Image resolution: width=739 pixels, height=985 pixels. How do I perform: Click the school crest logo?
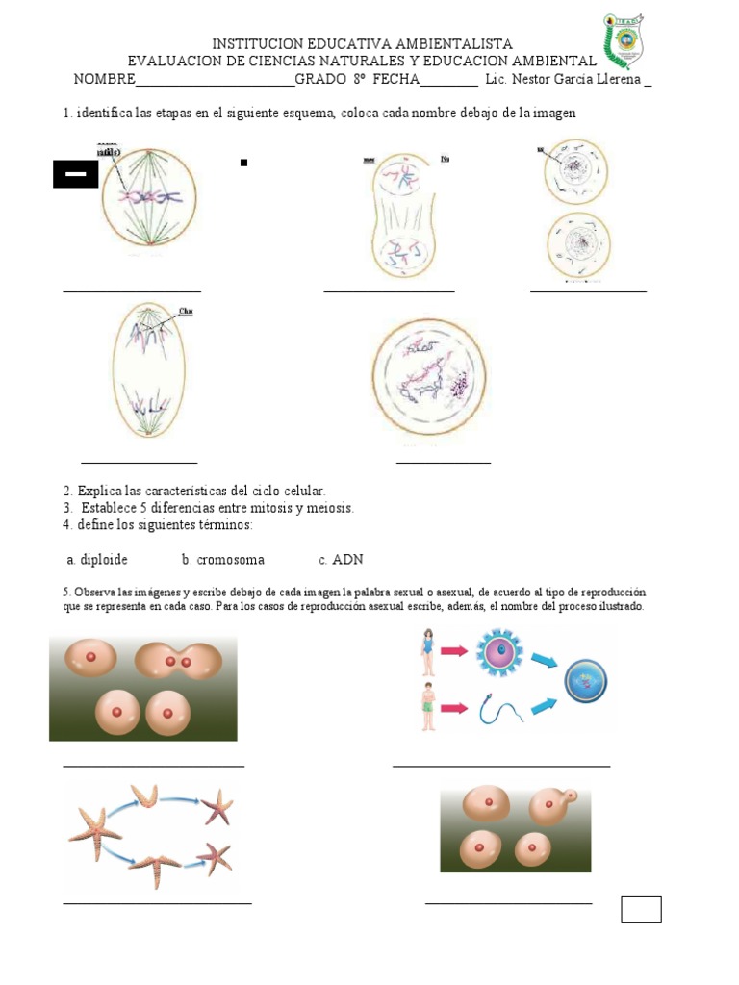(624, 42)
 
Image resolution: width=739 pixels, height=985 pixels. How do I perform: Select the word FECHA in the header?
(396, 79)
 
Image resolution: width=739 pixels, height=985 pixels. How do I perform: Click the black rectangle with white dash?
(75, 174)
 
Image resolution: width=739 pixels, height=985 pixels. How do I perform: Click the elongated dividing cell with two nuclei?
(402, 216)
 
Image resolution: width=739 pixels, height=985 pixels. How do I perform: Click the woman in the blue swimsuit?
(426, 651)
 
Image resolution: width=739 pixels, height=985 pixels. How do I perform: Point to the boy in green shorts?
(427, 707)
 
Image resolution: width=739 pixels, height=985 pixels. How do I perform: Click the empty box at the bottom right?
(641, 908)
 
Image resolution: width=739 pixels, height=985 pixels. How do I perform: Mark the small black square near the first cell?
(243, 163)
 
